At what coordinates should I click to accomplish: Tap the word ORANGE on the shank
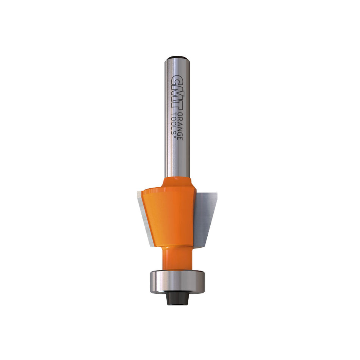tap(181, 127)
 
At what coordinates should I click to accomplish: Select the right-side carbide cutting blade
tap(206, 216)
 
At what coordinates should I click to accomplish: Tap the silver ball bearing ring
tap(177, 282)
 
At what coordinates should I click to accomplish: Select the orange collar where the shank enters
tap(177, 182)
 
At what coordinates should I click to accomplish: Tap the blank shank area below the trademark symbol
tap(177, 159)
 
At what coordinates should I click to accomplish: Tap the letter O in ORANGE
tap(181, 115)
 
